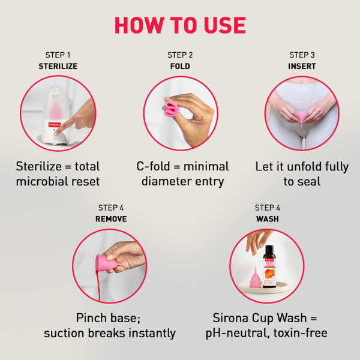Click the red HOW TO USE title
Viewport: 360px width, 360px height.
click(180, 25)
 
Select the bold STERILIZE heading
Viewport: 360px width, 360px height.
click(58, 67)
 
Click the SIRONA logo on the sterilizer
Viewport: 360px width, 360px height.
click(55, 127)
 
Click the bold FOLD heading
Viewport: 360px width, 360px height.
click(180, 67)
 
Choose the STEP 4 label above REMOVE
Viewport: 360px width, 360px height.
click(110, 208)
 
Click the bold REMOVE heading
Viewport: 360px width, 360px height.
click(110, 219)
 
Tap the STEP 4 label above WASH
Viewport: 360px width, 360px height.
click(267, 208)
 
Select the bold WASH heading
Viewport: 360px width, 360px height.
click(267, 219)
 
